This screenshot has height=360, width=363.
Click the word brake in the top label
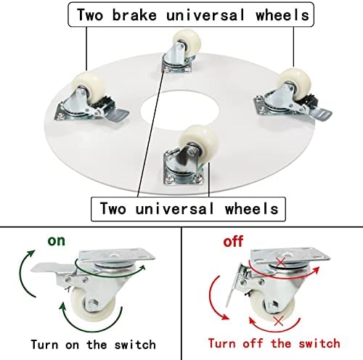[x=134, y=15]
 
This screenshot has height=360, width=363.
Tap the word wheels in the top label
[x=282, y=15]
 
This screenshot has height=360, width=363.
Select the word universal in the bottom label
[x=175, y=208]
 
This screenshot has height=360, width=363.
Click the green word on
[x=57, y=241]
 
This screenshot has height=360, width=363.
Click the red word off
[x=233, y=242]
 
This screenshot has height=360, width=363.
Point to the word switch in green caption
[x=135, y=345]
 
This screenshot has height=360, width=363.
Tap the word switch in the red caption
[x=319, y=343]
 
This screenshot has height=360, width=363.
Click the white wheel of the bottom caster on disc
[x=199, y=141]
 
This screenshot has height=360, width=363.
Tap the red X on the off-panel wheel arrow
[x=279, y=322]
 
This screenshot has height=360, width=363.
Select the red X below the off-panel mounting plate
[x=281, y=262]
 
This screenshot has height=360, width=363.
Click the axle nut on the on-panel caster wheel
[x=93, y=303]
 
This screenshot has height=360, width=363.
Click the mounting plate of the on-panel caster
[x=117, y=255]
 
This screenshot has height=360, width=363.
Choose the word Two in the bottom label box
[x=113, y=208]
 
